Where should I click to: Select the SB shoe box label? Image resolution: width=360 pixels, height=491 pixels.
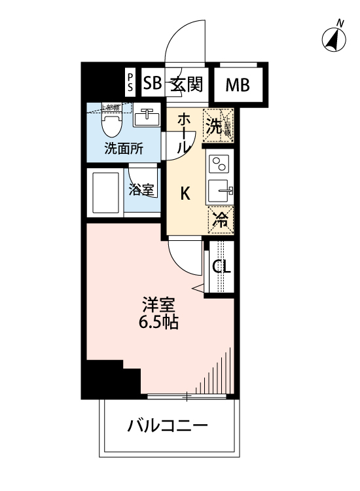(x=152, y=84)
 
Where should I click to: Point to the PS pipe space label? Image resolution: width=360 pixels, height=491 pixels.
(x=130, y=83)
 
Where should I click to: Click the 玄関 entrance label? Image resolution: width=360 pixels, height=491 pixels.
(x=186, y=84)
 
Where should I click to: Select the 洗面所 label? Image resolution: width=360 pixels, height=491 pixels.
(x=123, y=149)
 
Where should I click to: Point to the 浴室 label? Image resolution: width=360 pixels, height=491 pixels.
(x=141, y=191)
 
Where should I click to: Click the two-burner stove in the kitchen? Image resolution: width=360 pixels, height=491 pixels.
(x=219, y=163)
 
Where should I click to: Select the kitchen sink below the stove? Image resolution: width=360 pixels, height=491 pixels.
(x=219, y=192)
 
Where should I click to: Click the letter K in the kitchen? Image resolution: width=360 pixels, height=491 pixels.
(x=185, y=193)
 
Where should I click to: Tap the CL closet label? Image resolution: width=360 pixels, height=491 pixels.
(x=221, y=267)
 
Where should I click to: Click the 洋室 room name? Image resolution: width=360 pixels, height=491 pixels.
(x=159, y=305)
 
